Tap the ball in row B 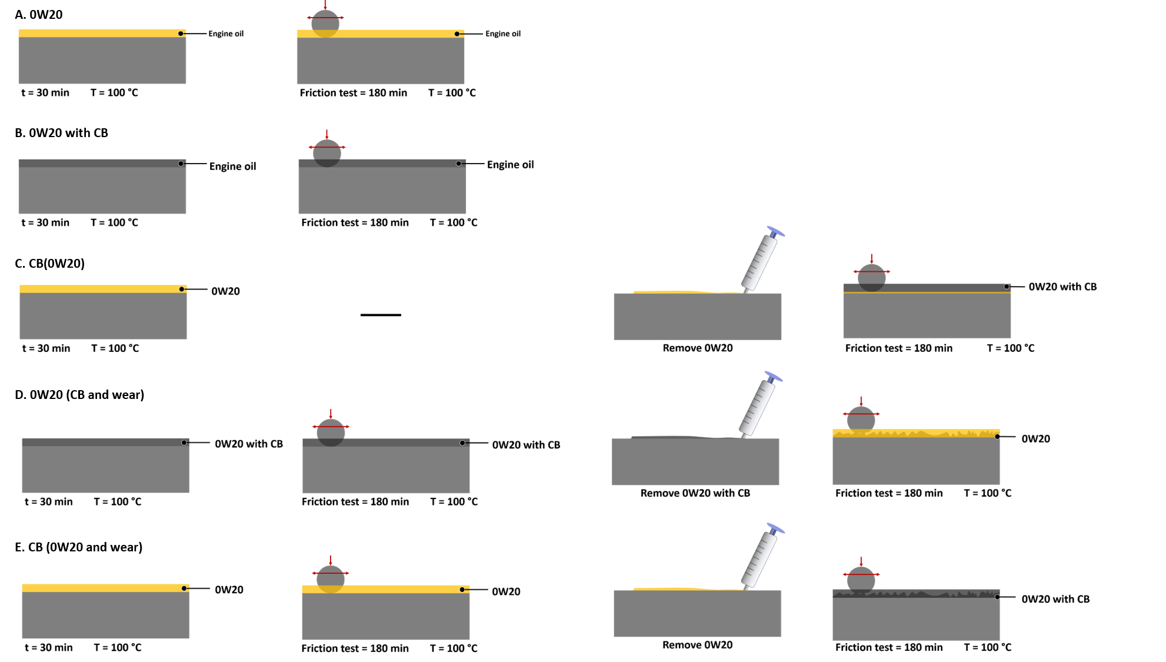(327, 153)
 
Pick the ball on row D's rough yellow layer (861, 420)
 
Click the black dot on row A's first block (181, 34)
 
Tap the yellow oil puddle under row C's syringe (677, 291)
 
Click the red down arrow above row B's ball (327, 134)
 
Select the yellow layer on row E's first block (100, 588)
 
